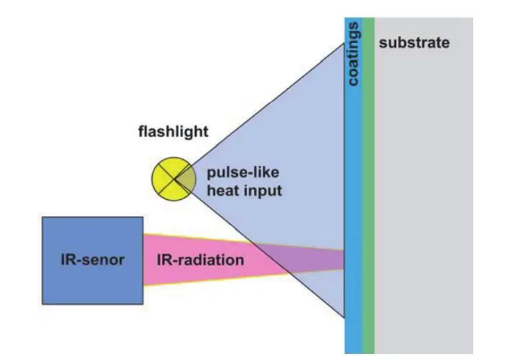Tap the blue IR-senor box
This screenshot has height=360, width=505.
click(x=93, y=260)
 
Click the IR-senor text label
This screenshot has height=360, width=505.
click(x=93, y=260)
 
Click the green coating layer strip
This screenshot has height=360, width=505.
click(x=369, y=188)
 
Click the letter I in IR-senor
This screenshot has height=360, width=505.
click(x=62, y=260)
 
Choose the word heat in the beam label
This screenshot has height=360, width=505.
click(x=224, y=190)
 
